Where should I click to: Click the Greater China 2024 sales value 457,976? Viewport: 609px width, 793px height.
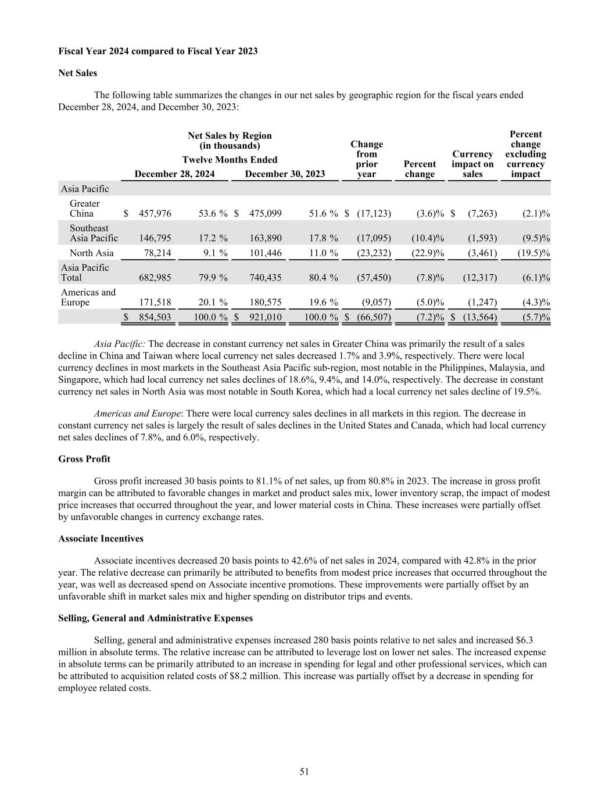155,213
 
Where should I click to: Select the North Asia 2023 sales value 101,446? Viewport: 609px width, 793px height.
266,253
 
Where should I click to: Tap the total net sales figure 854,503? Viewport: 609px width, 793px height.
155,317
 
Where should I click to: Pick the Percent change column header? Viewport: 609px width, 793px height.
420,169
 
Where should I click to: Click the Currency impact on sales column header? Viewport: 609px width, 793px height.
472,164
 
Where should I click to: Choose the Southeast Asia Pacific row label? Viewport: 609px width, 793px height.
94,233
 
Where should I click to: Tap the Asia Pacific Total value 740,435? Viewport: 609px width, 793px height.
266,278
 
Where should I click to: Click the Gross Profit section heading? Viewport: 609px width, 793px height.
84,459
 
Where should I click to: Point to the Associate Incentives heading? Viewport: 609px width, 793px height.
101,539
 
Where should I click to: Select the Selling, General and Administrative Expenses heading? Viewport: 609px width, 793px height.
155,618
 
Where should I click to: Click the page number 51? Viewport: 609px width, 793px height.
304,772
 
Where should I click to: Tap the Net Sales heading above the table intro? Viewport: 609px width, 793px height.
78,73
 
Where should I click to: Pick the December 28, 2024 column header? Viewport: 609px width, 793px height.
174,174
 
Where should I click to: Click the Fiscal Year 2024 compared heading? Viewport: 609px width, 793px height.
158,51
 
